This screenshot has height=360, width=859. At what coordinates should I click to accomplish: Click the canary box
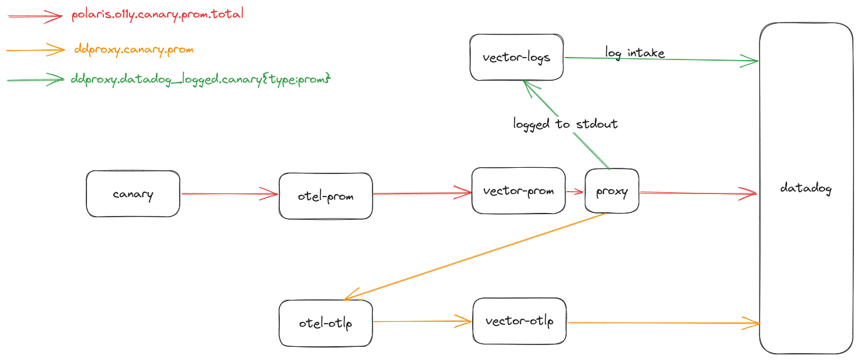(133, 194)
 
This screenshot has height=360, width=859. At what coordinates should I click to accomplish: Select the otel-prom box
(326, 197)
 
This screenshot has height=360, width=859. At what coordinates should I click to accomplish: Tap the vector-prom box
(518, 191)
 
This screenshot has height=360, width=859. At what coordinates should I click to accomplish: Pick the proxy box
(612, 192)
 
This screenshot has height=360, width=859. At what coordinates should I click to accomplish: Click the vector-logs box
(517, 58)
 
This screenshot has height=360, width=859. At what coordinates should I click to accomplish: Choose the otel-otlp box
(326, 324)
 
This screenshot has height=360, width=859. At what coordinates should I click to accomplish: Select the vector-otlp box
(519, 321)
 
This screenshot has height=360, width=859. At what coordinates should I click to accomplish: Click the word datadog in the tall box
(806, 188)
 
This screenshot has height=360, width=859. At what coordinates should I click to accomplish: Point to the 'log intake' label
(634, 53)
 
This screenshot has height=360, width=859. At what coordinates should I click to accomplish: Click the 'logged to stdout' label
(565, 124)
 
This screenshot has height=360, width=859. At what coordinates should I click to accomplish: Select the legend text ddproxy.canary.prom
(133, 49)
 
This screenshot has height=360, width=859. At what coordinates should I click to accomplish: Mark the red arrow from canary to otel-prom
(229, 194)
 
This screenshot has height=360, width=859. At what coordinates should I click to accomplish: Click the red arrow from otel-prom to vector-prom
(422, 194)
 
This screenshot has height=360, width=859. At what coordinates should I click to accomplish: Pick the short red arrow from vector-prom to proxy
(575, 192)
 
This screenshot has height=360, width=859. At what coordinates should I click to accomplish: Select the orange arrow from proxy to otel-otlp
(476, 257)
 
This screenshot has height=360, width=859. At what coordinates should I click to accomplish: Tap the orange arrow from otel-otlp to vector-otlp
(422, 322)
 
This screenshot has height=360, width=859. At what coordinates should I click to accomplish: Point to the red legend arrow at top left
(35, 18)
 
